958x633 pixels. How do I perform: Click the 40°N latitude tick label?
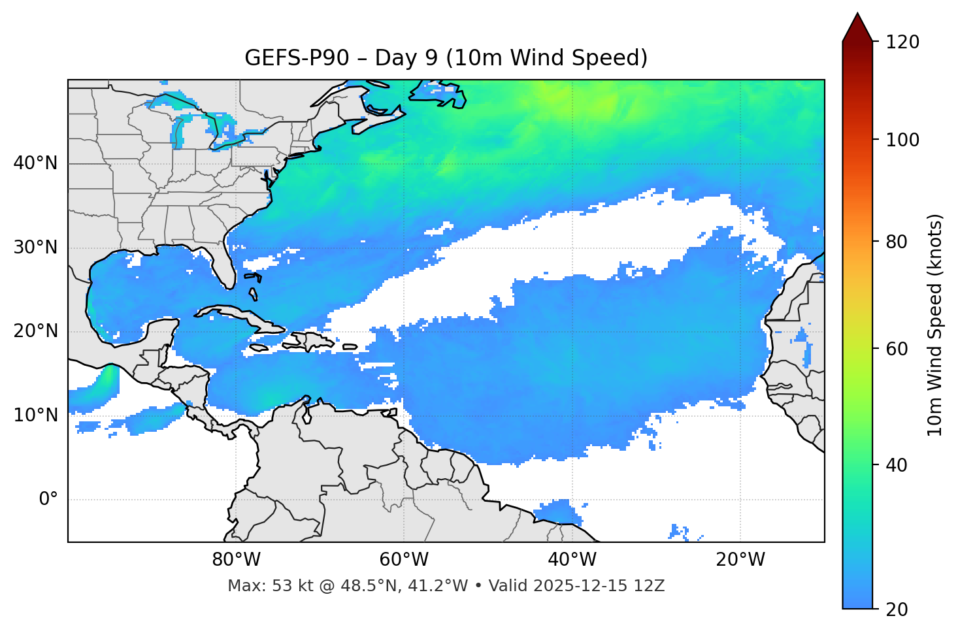tap(36, 163)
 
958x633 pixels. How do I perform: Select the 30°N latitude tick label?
tap(36, 248)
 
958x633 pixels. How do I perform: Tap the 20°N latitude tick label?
tap(36, 331)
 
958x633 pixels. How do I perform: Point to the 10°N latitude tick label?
tap(36, 415)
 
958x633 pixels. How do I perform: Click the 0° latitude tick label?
tap(48, 500)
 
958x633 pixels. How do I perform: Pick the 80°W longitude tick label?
tap(236, 560)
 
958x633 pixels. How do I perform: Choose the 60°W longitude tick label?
tap(404, 560)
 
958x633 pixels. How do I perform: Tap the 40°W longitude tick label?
tap(572, 560)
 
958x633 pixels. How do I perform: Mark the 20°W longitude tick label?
tap(740, 560)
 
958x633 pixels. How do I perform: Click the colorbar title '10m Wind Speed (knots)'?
tap(935, 325)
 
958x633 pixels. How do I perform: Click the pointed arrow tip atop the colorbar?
tap(857, 16)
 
